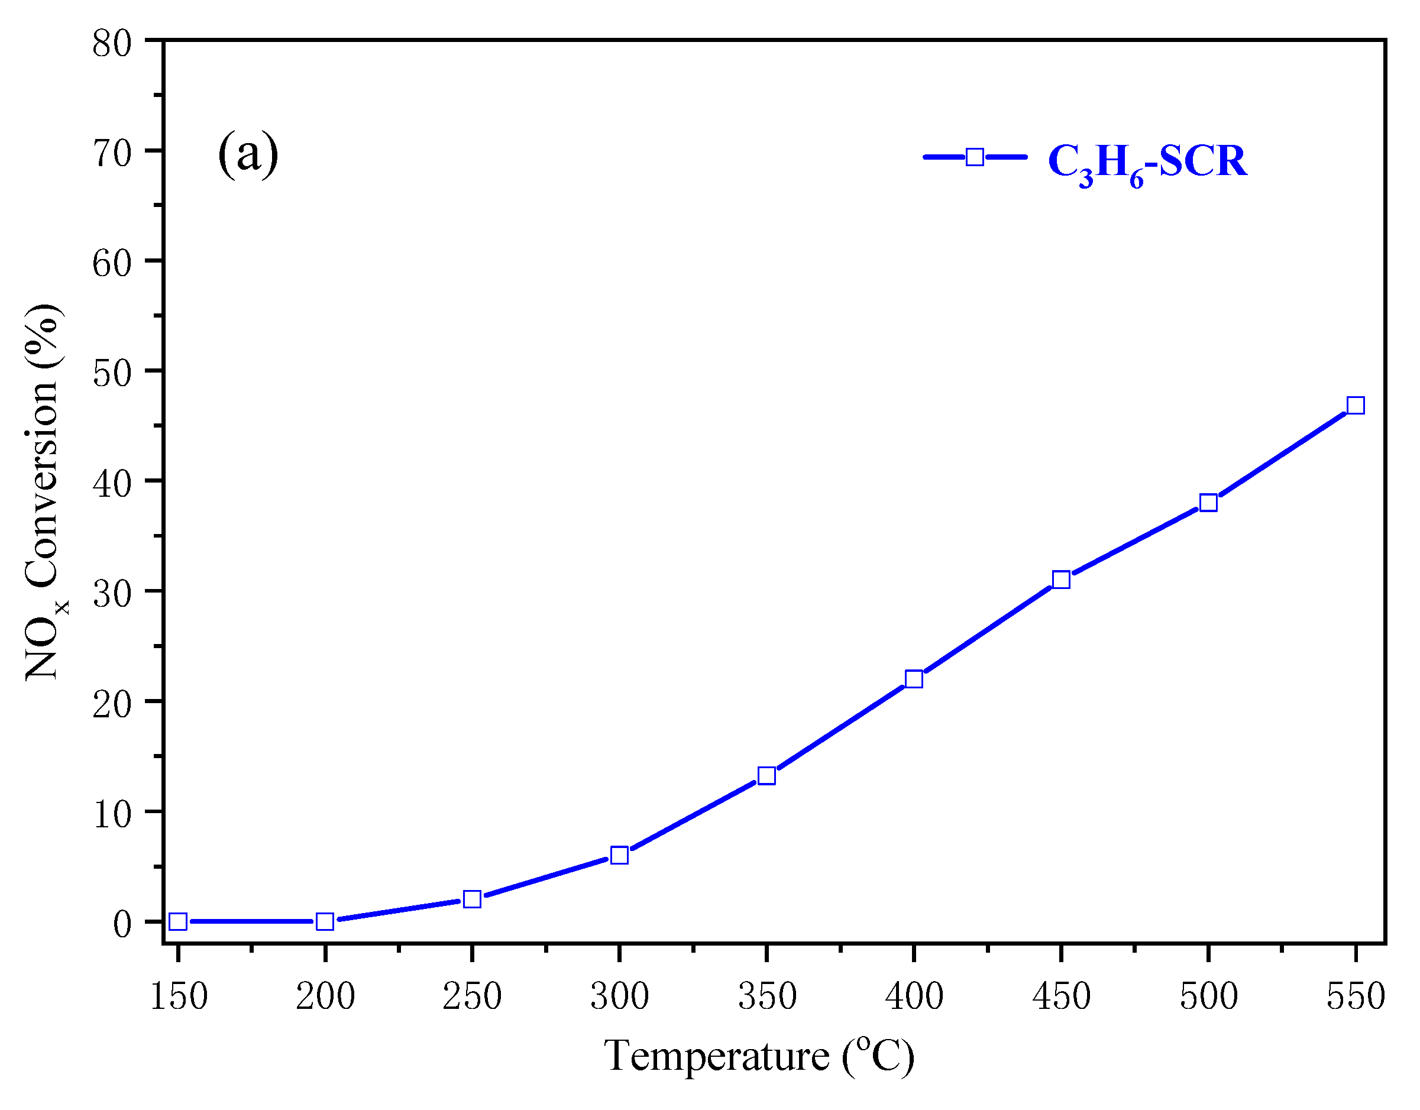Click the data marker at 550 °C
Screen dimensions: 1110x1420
1355,406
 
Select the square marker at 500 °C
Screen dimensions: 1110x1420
1208,503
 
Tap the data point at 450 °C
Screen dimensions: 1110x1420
1061,580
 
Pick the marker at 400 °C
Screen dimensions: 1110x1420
914,679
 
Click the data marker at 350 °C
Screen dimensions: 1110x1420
766,776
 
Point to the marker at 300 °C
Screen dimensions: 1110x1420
620,855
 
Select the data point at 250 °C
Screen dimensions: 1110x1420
472,899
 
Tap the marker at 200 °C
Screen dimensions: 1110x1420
325,921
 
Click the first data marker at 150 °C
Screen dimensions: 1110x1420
178,921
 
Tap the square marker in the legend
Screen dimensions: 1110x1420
975,157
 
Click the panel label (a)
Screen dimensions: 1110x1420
248,154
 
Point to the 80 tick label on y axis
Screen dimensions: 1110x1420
112,45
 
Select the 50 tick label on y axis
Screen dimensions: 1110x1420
112,374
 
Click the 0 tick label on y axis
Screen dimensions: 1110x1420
122,924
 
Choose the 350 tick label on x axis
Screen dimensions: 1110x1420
766,996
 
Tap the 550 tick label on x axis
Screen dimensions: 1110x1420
1355,996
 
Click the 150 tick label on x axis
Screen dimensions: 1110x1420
178,996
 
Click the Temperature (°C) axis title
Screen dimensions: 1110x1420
759,1056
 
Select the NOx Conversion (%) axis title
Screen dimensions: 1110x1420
44,492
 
